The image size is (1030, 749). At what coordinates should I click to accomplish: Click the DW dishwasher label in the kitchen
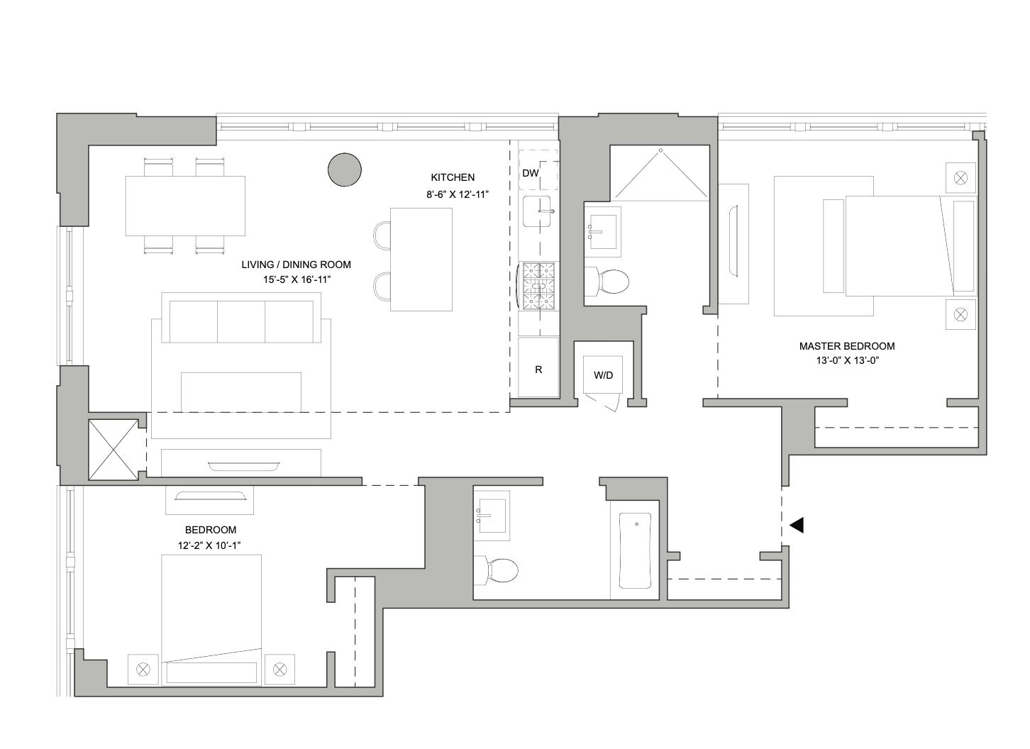(531, 173)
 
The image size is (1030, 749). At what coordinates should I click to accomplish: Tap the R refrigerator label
(538, 370)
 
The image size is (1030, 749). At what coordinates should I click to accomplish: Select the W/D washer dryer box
(603, 375)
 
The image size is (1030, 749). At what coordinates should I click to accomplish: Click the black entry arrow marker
(797, 526)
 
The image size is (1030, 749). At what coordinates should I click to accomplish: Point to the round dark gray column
(345, 170)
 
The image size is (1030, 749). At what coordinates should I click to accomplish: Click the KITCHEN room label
(453, 177)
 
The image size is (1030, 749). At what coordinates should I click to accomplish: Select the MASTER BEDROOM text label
(846, 346)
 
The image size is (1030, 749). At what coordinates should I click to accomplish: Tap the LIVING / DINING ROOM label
(296, 265)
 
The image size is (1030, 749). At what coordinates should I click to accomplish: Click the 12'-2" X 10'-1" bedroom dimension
(210, 545)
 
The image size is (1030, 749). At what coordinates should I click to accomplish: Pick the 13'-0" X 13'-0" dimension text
(848, 360)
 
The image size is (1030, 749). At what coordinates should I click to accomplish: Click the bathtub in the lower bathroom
(635, 551)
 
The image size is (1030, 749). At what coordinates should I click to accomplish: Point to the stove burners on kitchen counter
(539, 286)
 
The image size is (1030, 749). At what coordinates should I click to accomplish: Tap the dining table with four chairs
(185, 206)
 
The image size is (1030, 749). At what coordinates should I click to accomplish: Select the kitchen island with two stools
(421, 259)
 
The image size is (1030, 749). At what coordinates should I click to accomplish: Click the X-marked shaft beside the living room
(113, 450)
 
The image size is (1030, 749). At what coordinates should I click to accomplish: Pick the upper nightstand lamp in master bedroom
(960, 177)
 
